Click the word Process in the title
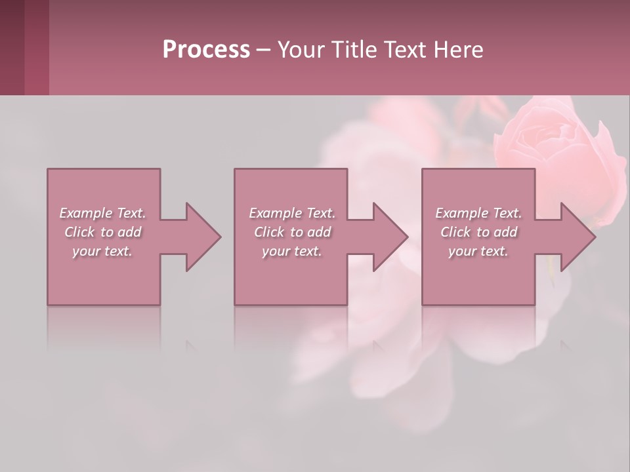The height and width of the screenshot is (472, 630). [206, 50]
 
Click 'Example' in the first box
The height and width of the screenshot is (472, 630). [86, 213]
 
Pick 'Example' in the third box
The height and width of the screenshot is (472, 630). [462, 213]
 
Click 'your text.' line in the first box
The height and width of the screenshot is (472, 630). [102, 251]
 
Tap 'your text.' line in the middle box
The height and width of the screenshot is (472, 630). [291, 251]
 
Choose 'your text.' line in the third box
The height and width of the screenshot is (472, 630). [478, 251]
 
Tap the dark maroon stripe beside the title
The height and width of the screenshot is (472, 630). [12, 47]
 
